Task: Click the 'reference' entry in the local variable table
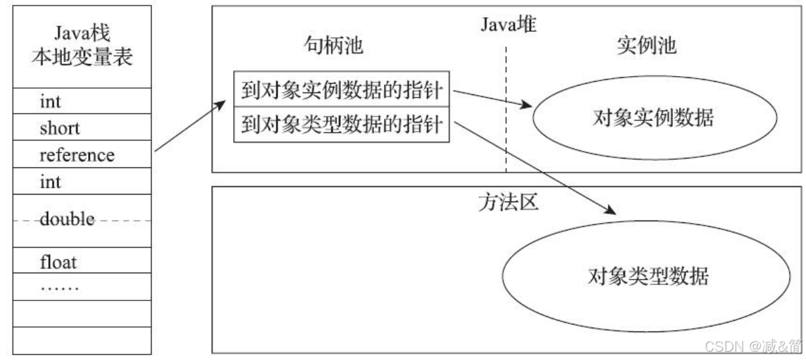point(77,155)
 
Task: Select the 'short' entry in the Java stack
point(60,128)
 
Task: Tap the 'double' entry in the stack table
point(67,221)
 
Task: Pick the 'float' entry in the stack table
point(58,261)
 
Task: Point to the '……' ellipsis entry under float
point(60,287)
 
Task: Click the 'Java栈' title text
point(82,32)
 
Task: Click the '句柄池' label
point(333,47)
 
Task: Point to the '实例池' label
point(646,47)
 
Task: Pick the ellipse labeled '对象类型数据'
point(647,276)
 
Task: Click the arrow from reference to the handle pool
point(190,127)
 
